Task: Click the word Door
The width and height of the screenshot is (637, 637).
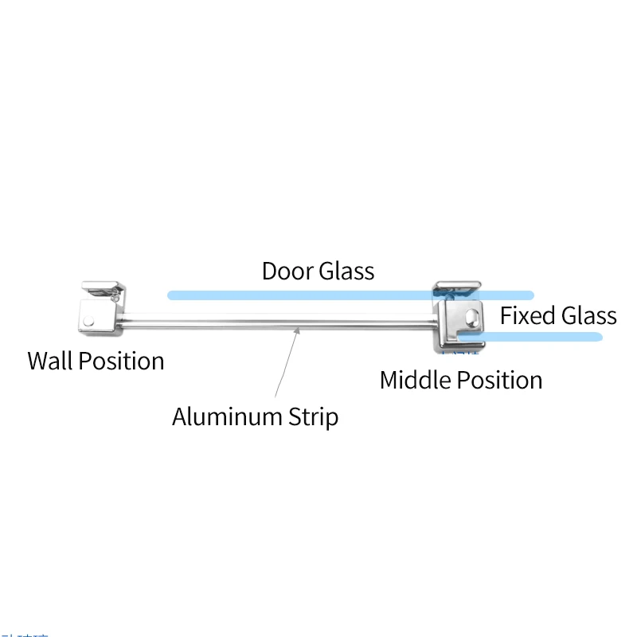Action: [x=287, y=271]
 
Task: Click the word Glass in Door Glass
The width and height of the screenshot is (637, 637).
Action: [x=346, y=271]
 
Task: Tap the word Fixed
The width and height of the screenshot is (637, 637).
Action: [x=528, y=315]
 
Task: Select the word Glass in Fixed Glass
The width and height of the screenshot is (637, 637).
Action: [x=588, y=315]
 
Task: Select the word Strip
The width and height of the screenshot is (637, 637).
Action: [x=311, y=416]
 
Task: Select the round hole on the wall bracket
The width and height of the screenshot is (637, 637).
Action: [x=89, y=322]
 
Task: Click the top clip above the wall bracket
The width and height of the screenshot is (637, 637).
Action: [x=102, y=287]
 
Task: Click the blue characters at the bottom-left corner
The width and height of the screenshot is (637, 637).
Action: [x=24, y=635]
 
